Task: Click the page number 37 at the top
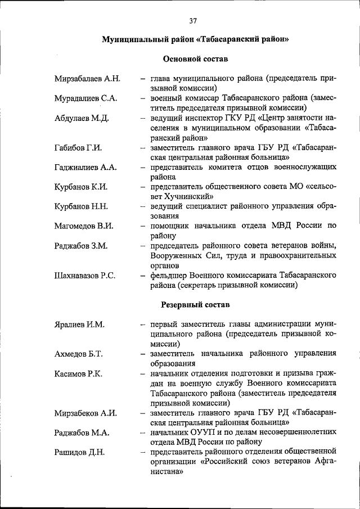(x=193, y=21)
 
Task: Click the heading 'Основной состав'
(x=195, y=58)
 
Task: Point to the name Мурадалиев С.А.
(x=85, y=98)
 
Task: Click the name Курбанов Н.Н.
(x=81, y=206)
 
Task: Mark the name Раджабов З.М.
(x=81, y=246)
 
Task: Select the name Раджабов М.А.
(x=82, y=433)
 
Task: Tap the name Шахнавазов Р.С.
(x=85, y=275)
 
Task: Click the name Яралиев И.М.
(x=79, y=325)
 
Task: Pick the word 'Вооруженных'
(x=177, y=255)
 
